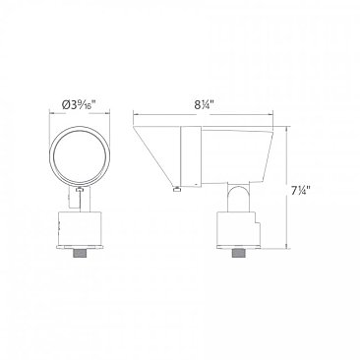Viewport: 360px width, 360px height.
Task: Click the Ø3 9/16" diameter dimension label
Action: click(x=79, y=105)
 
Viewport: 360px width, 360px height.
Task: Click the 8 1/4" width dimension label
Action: click(x=204, y=105)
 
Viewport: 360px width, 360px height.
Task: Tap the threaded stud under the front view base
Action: click(x=79, y=253)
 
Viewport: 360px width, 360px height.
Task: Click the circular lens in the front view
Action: click(x=79, y=154)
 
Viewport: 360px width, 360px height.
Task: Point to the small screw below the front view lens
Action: click(x=79, y=189)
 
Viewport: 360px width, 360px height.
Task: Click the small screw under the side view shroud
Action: click(x=177, y=189)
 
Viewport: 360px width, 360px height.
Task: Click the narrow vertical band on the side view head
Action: click(x=191, y=157)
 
